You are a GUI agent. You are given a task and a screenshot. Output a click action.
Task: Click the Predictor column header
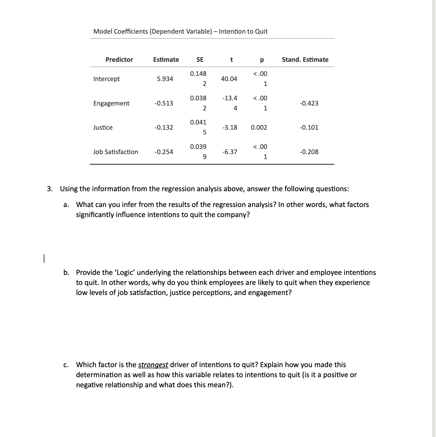pyautogui.click(x=119, y=60)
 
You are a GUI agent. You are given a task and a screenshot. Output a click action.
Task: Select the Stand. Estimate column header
pyautogui.click(x=305, y=60)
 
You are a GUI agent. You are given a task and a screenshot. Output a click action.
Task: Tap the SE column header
pyautogui.click(x=200, y=60)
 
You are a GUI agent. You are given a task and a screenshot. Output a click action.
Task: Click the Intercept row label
pyautogui.click(x=106, y=79)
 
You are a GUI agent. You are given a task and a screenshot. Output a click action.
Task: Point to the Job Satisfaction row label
pyautogui.click(x=115, y=152)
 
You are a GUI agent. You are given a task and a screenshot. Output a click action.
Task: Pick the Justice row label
pyautogui.click(x=103, y=127)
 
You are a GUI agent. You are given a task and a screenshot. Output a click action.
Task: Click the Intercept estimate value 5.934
pyautogui.click(x=165, y=79)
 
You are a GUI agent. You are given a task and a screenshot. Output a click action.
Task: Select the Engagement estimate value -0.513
pyautogui.click(x=164, y=103)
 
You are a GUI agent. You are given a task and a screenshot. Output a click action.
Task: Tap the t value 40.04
pyautogui.click(x=229, y=79)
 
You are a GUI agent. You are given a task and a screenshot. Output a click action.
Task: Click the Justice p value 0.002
pyautogui.click(x=259, y=127)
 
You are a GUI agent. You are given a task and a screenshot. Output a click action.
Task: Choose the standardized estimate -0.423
pyautogui.click(x=309, y=103)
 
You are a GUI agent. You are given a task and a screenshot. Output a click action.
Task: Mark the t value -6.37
pyautogui.click(x=230, y=152)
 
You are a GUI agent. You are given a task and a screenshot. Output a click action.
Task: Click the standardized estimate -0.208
pyautogui.click(x=309, y=152)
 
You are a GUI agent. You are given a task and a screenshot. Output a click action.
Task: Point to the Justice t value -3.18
pyautogui.click(x=230, y=127)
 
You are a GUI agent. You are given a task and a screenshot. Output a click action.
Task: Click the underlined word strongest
pyautogui.click(x=153, y=365)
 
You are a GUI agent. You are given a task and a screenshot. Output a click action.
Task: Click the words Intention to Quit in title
pyautogui.click(x=243, y=31)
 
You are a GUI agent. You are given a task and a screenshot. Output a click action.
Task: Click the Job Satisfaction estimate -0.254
pyautogui.click(x=164, y=152)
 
